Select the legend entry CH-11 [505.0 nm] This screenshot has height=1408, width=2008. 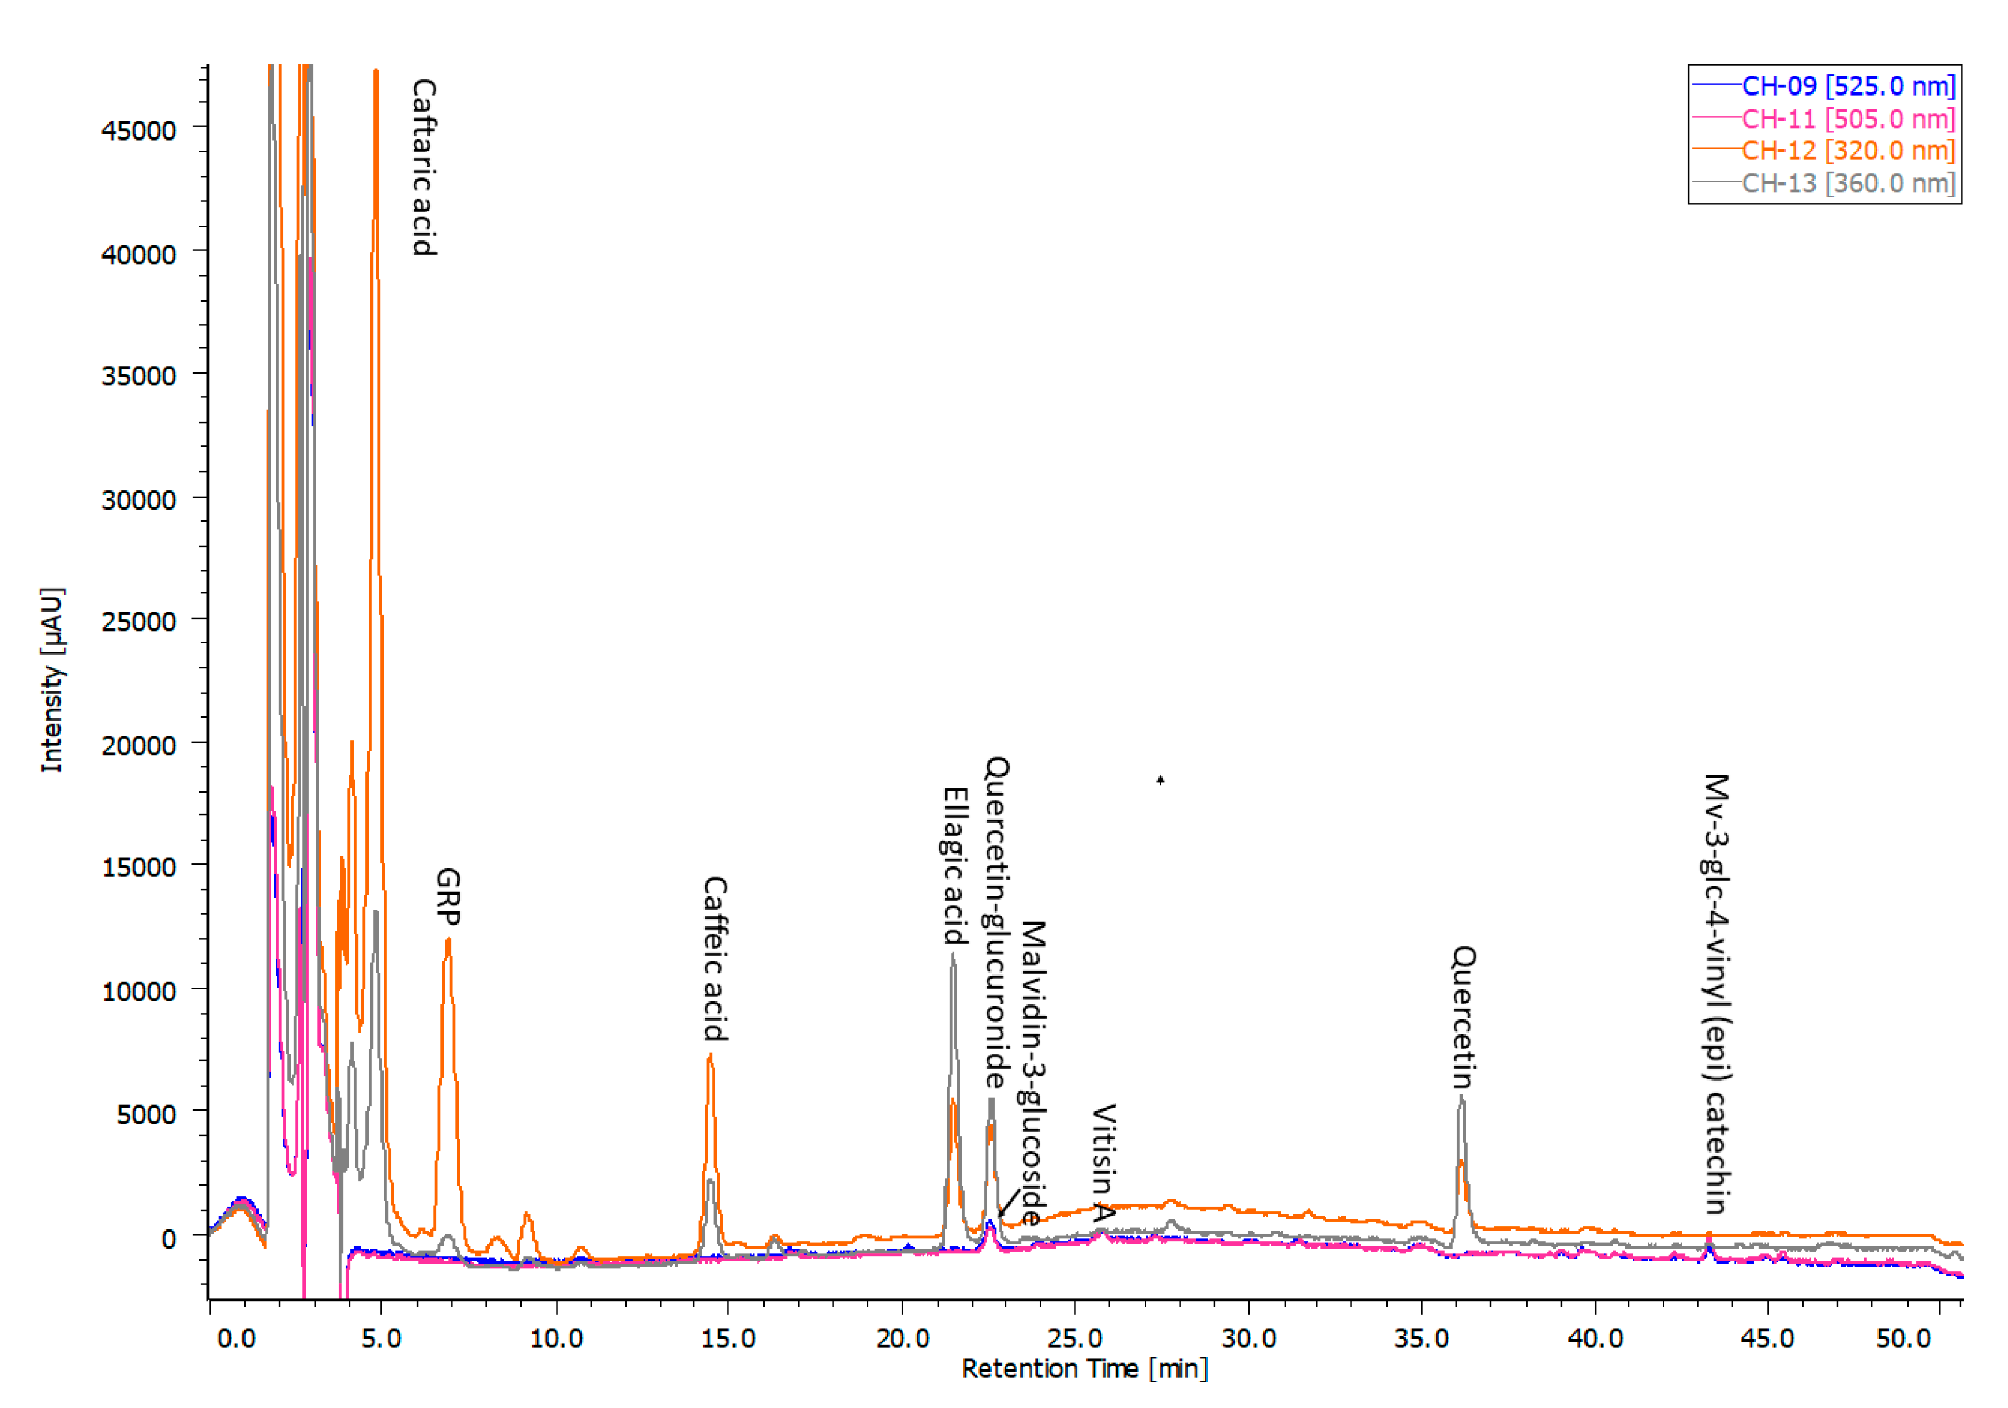click(1847, 119)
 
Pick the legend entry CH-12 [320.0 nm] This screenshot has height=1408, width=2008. click(1847, 151)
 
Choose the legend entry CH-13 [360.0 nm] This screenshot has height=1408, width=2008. click(1847, 184)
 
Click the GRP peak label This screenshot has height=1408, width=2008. click(448, 896)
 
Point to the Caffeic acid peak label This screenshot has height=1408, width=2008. click(715, 958)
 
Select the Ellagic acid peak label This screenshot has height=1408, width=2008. click(955, 866)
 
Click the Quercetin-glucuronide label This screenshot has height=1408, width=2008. click(997, 923)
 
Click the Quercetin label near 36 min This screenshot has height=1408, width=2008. click(1464, 1016)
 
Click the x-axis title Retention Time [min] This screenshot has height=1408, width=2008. click(1085, 1369)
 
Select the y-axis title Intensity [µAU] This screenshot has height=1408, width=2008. click(52, 680)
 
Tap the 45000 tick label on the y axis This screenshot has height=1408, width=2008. click(138, 131)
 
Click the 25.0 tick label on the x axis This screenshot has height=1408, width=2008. click(1075, 1339)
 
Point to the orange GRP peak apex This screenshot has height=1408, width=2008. click(448, 940)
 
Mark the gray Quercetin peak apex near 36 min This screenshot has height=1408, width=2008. click(1461, 1097)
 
